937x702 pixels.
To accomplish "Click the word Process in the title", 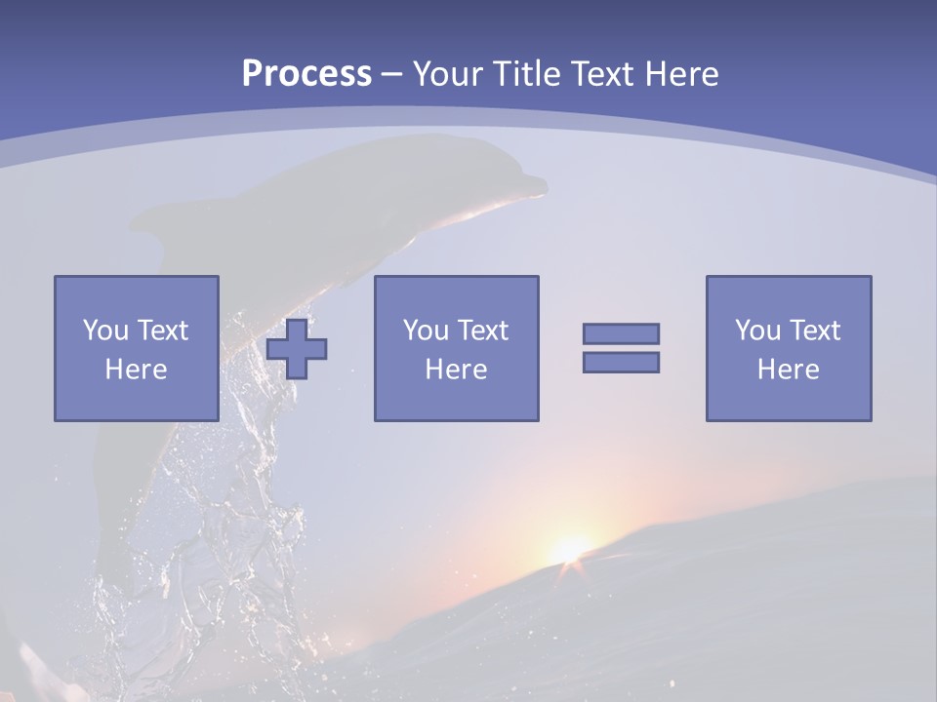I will (x=306, y=73).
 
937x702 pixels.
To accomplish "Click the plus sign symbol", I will (x=297, y=348).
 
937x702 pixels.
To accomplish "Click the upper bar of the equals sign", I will (x=621, y=333).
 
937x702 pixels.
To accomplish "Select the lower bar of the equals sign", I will (x=621, y=362).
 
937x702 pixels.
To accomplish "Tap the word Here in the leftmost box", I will (x=137, y=370).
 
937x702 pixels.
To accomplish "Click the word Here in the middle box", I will (x=457, y=370).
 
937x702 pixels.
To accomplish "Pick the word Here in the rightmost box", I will (x=789, y=370).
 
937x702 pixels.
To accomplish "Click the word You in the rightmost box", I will (x=756, y=331).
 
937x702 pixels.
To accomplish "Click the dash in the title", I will (x=391, y=74).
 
